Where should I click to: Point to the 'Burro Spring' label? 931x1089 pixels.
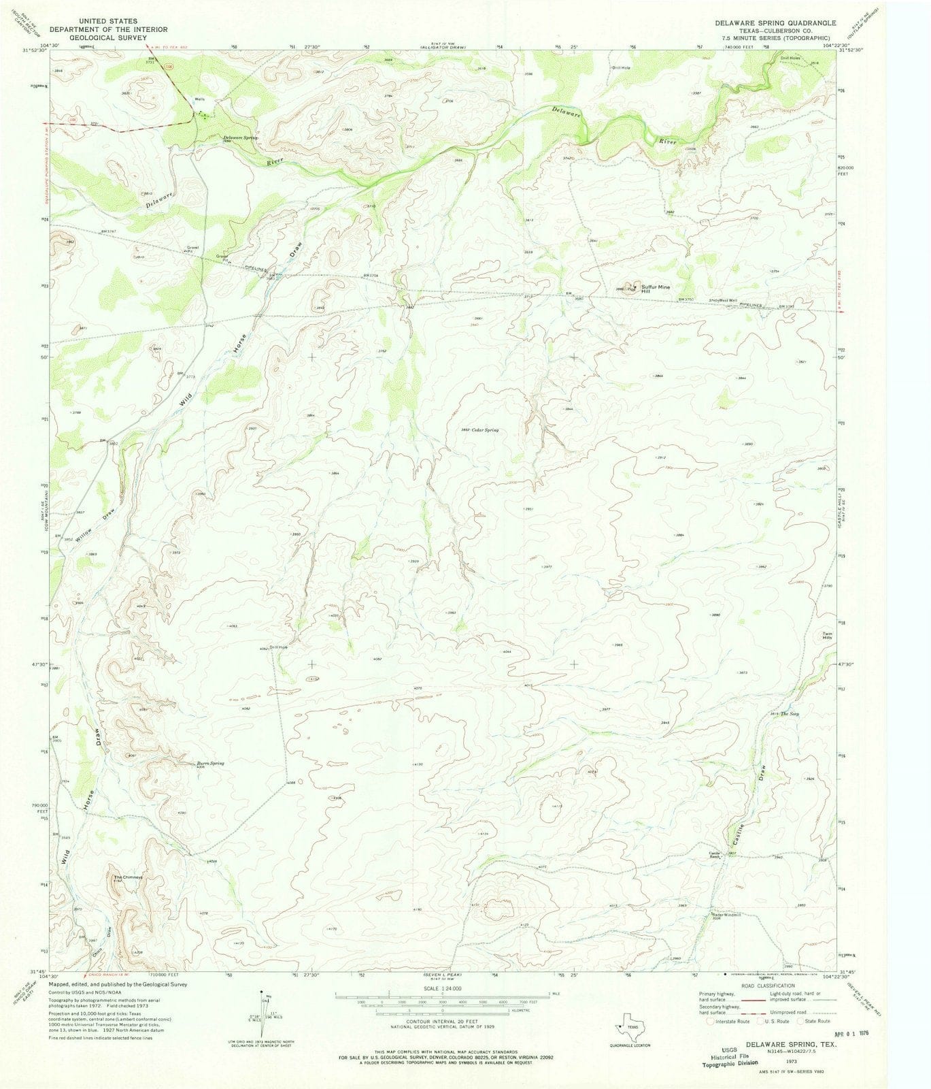click(210, 764)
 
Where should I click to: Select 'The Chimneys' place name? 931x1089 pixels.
click(128, 877)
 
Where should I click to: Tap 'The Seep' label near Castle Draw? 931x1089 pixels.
click(790, 713)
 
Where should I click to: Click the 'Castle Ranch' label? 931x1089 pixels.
click(715, 854)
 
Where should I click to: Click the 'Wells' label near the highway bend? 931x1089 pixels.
click(200, 99)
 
